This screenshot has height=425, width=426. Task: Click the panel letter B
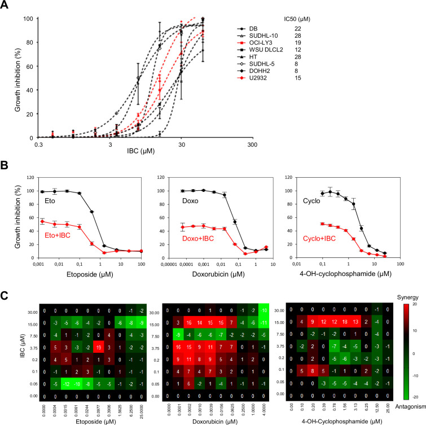[x=6, y=168]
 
